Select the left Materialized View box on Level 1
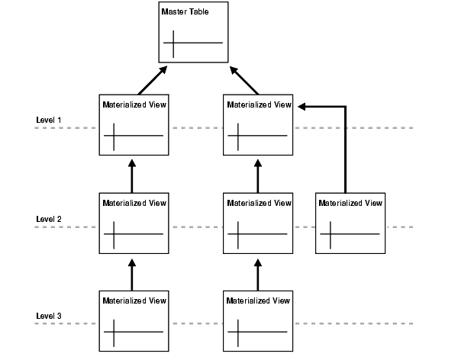coord(133,126)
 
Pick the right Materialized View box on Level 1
coord(258,126)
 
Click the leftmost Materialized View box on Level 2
coord(133,223)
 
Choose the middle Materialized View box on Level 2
coord(258,223)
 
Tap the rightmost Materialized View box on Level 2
coord(350,223)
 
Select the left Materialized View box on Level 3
coord(133,320)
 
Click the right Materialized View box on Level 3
coord(258,320)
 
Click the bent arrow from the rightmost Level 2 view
coord(346,145)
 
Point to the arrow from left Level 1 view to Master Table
coord(152,80)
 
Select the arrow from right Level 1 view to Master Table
coord(244,80)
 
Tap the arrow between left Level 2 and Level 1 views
coord(132,176)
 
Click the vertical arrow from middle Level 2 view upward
coord(257,176)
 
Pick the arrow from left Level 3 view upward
coord(132,273)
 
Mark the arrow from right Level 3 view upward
coord(257,273)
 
